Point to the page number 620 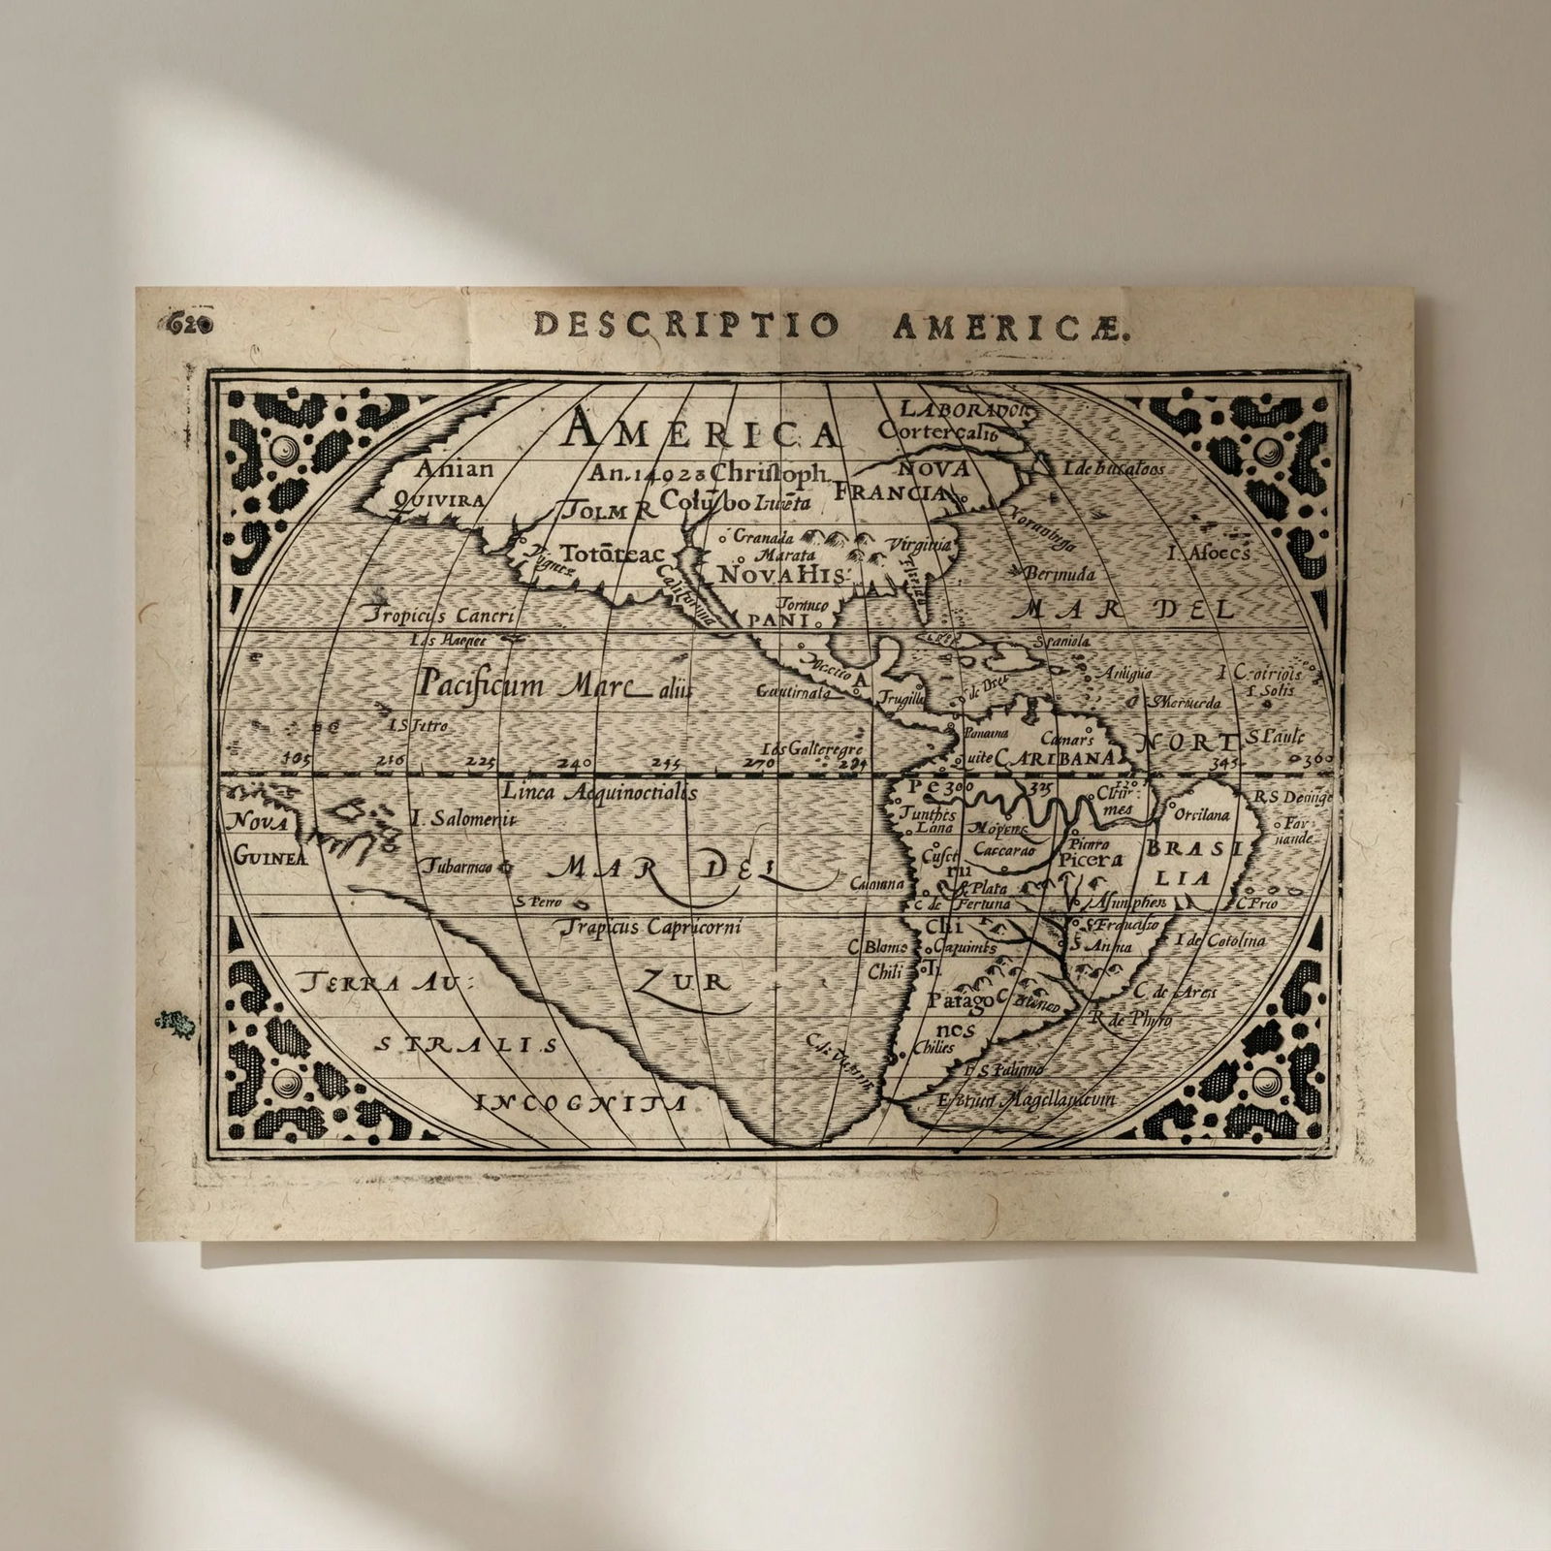pos(191,324)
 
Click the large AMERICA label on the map pos(702,429)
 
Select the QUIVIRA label pos(440,500)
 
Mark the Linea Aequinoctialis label pos(599,791)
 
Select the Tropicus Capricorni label pos(653,927)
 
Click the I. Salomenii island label pos(459,818)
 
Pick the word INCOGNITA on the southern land pos(583,1102)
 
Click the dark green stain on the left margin pos(174,1019)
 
